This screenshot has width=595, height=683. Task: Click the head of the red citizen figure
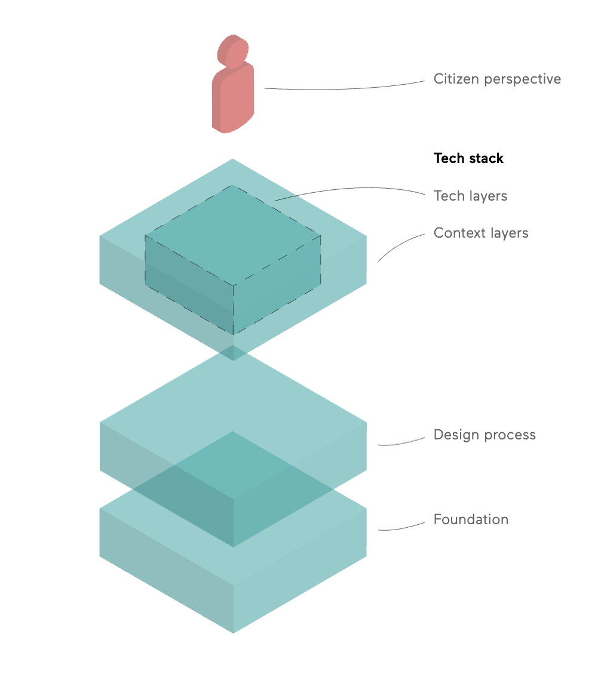tap(233, 51)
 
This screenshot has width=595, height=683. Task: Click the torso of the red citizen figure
tap(233, 99)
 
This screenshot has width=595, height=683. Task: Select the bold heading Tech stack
tap(468, 158)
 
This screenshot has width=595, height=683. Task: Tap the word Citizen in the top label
tap(456, 79)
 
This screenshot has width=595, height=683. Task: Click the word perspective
tap(522, 79)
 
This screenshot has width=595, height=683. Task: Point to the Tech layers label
tap(470, 196)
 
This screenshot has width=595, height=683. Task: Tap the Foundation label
tap(471, 519)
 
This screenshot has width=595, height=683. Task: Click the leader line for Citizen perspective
tap(344, 88)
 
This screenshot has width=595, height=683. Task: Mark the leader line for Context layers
tap(399, 245)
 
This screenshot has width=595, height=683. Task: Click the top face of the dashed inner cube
tap(233, 235)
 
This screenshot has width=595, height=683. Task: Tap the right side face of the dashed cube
tap(277, 285)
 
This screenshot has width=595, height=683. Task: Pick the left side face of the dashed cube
tap(189, 285)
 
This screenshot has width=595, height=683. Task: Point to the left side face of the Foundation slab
tap(167, 571)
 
